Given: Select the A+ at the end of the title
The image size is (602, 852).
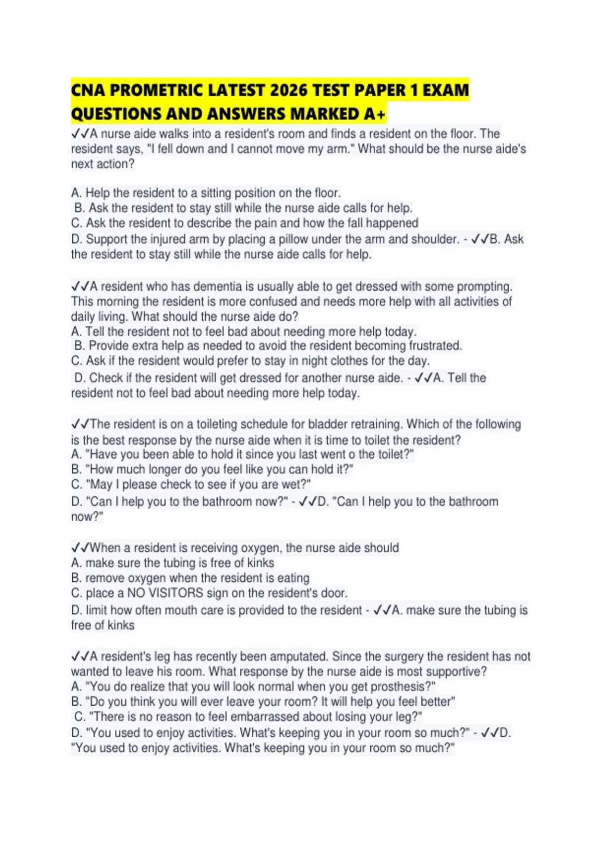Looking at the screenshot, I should tap(375, 114).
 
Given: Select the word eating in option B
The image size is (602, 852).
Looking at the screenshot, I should tap(291, 578).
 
